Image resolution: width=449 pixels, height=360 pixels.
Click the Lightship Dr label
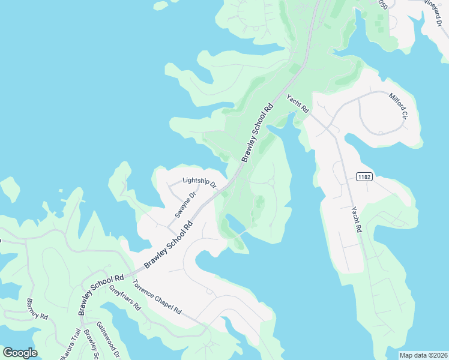pos(199,181)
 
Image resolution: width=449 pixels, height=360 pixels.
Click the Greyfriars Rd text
pos(124,297)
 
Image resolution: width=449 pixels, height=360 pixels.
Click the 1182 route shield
pos(363,176)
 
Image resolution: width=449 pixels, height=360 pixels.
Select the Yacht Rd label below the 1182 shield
pos(357,220)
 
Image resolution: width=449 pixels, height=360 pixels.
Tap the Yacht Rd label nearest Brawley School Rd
pos(297,104)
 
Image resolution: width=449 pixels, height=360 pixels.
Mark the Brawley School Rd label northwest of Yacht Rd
pos(257,133)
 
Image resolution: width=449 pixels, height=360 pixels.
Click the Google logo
pos(20,353)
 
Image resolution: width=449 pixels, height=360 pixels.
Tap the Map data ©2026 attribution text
pos(423,355)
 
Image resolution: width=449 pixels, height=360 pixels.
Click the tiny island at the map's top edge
pos(160,5)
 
